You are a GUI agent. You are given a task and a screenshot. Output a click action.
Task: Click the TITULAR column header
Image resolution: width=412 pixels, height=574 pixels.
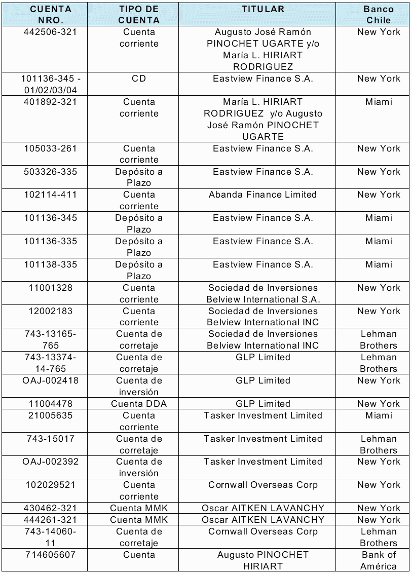coord(263,9)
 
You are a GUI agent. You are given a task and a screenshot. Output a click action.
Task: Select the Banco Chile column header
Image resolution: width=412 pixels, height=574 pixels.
coord(378,15)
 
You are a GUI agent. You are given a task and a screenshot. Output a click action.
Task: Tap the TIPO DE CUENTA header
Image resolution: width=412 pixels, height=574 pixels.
coord(139,15)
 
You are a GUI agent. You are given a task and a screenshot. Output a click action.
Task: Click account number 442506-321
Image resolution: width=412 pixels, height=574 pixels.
coord(51,32)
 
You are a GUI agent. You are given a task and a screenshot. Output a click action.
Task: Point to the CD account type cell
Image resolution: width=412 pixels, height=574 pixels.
coord(139,79)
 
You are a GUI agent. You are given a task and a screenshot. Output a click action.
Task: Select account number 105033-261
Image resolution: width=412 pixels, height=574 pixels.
coord(51,148)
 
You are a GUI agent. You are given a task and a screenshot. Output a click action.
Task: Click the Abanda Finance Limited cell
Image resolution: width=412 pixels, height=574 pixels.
coord(263,195)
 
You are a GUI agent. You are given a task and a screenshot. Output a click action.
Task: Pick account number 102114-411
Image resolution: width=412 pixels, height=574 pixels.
coord(51,195)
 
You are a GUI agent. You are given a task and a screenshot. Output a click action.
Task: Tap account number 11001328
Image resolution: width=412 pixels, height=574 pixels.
coord(51,288)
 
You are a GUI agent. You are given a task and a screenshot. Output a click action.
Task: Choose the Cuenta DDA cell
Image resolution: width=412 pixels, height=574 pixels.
coord(139,404)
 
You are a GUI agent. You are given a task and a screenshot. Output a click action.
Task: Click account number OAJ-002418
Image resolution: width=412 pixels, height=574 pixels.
coord(51,380)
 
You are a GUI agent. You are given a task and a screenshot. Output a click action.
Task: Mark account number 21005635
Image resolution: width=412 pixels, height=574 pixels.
coord(51,415)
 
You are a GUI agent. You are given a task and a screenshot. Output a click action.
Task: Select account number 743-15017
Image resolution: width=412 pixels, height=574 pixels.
coord(51,439)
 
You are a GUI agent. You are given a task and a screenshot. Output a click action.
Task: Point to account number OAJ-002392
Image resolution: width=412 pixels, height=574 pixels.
coord(51,462)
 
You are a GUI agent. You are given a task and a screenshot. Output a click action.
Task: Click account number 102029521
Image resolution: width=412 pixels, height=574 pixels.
coord(51,485)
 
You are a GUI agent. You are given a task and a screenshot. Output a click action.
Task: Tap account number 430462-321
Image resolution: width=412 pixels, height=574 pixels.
coord(51,508)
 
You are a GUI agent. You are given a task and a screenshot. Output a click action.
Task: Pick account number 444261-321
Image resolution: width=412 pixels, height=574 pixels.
coord(51,520)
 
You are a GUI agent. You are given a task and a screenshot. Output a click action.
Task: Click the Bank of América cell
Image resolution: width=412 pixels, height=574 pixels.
coord(378,560)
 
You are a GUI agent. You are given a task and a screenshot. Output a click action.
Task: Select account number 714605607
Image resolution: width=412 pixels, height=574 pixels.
coord(51,555)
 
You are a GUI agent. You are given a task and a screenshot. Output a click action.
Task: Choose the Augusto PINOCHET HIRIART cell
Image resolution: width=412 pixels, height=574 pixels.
coord(263,560)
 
